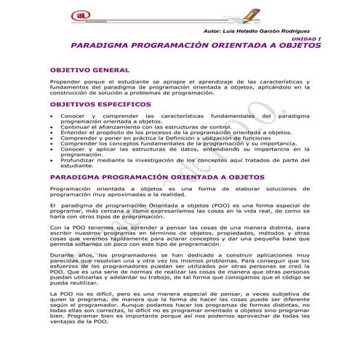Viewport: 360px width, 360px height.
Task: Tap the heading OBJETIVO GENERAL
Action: tap(89, 70)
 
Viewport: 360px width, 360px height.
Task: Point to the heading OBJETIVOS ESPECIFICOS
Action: tap(96, 105)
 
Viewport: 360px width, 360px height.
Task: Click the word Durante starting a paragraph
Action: tap(64, 258)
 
